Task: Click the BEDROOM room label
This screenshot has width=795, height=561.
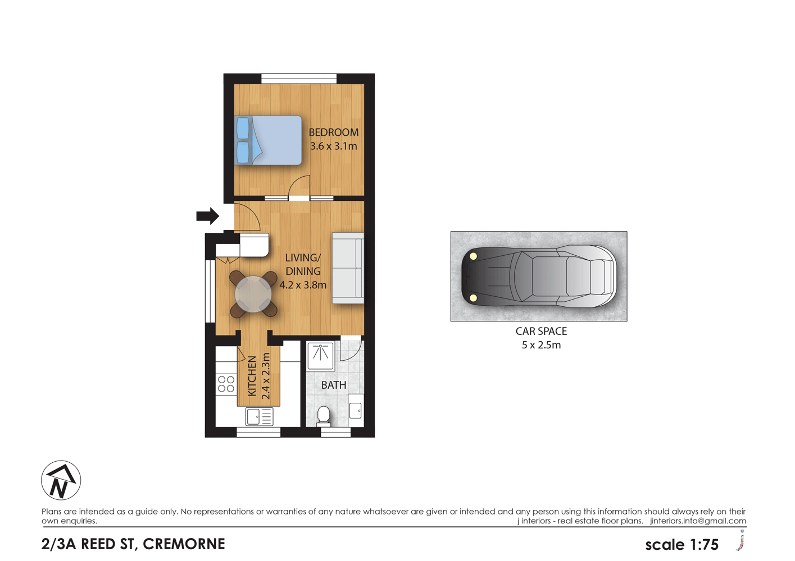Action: point(333,132)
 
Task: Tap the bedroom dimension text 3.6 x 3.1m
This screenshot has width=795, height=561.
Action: point(333,146)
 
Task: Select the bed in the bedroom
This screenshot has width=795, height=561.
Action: point(268,140)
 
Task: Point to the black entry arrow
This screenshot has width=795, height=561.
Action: point(207,215)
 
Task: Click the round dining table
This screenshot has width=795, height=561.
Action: point(253,294)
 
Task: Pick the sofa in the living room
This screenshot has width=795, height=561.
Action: point(348,268)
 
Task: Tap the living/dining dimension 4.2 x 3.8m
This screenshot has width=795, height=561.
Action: point(303,285)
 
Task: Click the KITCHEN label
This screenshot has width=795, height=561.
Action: point(252,376)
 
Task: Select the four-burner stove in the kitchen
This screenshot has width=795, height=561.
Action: point(226,384)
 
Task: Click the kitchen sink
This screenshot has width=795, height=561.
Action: point(259,417)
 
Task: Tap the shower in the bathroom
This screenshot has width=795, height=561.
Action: point(321,355)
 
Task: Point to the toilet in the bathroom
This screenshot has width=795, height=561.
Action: point(324,415)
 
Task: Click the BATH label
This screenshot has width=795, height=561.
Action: point(333,385)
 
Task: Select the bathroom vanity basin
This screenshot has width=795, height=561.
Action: point(356,410)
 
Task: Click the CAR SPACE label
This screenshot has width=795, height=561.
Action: point(541,332)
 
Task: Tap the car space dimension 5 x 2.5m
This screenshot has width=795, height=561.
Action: point(541,345)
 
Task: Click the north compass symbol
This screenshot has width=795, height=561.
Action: point(61,481)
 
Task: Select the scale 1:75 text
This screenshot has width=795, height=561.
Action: point(682,545)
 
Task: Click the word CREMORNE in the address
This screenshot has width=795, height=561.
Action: point(184,544)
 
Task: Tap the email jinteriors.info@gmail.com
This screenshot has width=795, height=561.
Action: point(698,521)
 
